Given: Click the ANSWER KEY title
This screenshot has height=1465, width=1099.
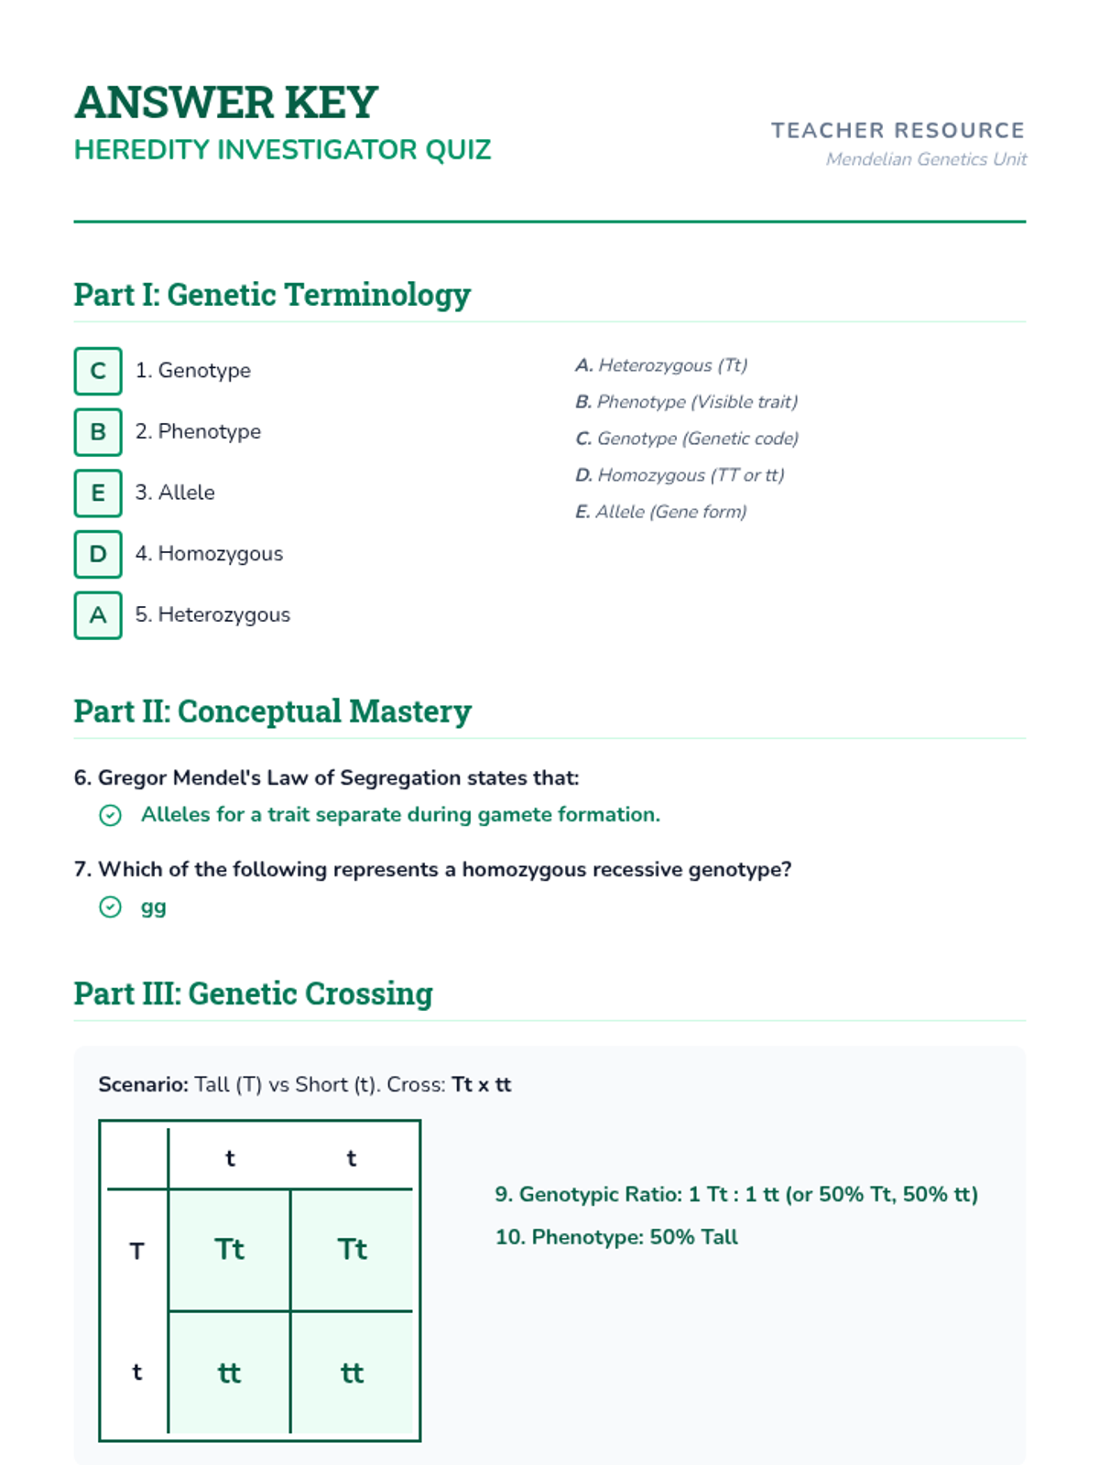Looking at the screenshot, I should coord(226,102).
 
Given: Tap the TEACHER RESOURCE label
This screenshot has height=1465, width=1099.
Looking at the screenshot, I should coord(898,131).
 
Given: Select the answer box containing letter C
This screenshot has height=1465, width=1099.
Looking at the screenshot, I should coord(98,371).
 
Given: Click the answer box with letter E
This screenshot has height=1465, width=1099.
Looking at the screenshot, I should coord(98,493).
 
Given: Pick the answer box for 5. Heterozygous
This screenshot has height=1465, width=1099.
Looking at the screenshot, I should coord(98,615).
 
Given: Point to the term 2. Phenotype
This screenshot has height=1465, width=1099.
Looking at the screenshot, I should coord(198,431).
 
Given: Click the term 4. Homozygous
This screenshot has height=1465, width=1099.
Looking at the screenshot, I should coord(209,554).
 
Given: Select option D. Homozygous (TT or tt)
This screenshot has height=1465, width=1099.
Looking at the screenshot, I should coord(680,475).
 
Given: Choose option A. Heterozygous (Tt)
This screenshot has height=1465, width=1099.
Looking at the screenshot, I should coord(661,365).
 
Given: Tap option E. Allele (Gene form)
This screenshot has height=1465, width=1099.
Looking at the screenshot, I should coord(661,512).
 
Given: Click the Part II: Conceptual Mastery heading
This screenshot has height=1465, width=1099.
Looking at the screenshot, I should coord(273,711).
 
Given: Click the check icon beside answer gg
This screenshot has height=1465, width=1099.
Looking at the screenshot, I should coord(110,907).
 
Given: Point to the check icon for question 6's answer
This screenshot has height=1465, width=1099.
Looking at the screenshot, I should coord(110,815).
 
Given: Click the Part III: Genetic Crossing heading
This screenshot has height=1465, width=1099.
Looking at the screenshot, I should coord(254,993).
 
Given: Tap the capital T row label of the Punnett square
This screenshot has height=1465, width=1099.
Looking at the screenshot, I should coord(136,1251).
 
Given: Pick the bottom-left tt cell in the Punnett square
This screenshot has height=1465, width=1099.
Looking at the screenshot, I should coord(229,1373).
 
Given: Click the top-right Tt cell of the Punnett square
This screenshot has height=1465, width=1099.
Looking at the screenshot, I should coord(352,1250).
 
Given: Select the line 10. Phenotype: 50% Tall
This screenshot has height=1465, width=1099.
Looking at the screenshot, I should coord(616,1237).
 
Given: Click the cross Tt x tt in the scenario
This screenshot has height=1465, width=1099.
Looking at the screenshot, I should coord(482,1085).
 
